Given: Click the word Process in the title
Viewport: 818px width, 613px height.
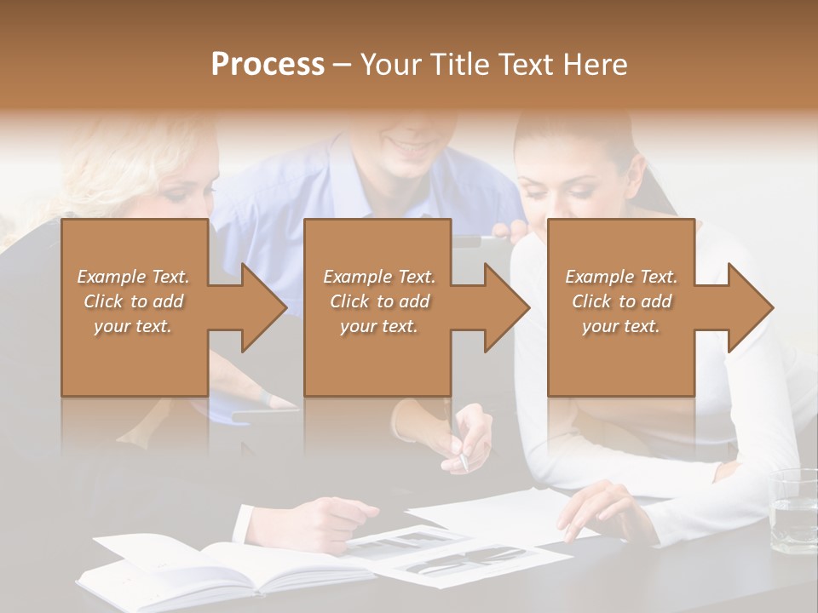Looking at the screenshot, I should pos(268,65).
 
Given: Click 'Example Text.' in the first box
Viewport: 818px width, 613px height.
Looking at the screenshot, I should pos(134,276).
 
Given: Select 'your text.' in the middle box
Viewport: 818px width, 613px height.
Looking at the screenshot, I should pos(378,326).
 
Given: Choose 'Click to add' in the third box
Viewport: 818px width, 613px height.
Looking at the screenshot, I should pos(621,301).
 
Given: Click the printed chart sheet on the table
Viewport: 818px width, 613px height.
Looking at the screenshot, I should pos(460,558).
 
